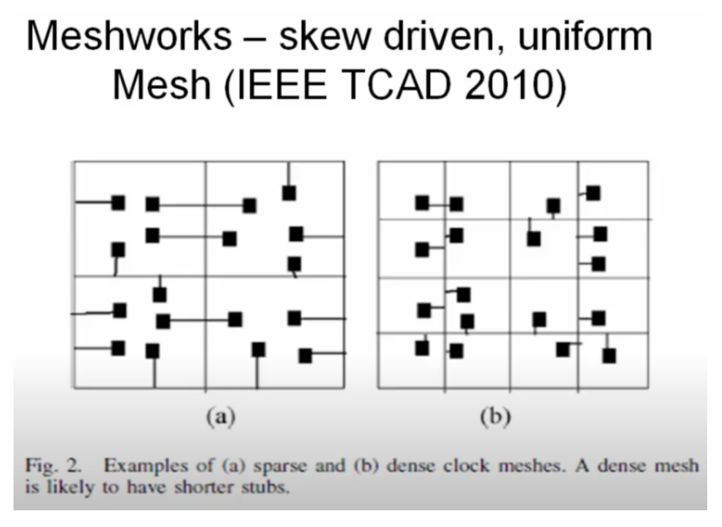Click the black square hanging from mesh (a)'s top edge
pyautogui.click(x=289, y=192)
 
